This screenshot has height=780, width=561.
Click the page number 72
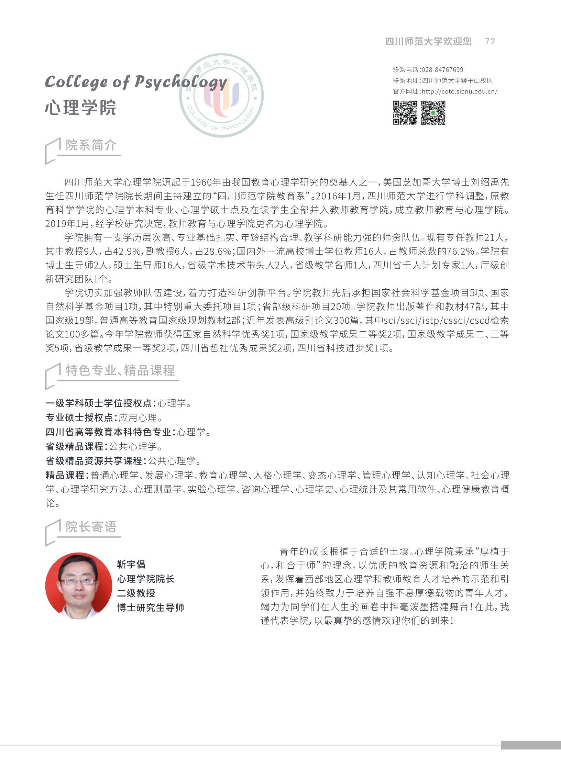tap(490, 41)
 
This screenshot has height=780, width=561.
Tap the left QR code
tap(405, 113)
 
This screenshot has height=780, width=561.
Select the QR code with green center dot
tap(433, 113)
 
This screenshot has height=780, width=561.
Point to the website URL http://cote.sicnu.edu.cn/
tap(460, 91)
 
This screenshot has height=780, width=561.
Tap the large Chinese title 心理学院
tap(80, 107)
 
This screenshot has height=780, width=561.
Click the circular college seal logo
tap(221, 96)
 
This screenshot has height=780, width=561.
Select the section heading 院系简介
tap(91, 145)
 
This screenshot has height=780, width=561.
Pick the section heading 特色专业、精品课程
tap(120, 370)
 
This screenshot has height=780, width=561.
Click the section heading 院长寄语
tap(91, 526)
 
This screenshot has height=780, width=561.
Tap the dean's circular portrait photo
tap(79, 586)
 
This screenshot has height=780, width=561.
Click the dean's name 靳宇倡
tap(131, 564)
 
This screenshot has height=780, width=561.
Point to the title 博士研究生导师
tap(151, 608)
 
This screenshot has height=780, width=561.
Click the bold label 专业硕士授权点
tap(79, 417)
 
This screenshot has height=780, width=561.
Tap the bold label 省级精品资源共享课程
tap(94, 461)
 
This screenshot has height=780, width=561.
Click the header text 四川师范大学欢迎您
tap(428, 41)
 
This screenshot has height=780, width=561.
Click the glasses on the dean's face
tap(78, 581)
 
